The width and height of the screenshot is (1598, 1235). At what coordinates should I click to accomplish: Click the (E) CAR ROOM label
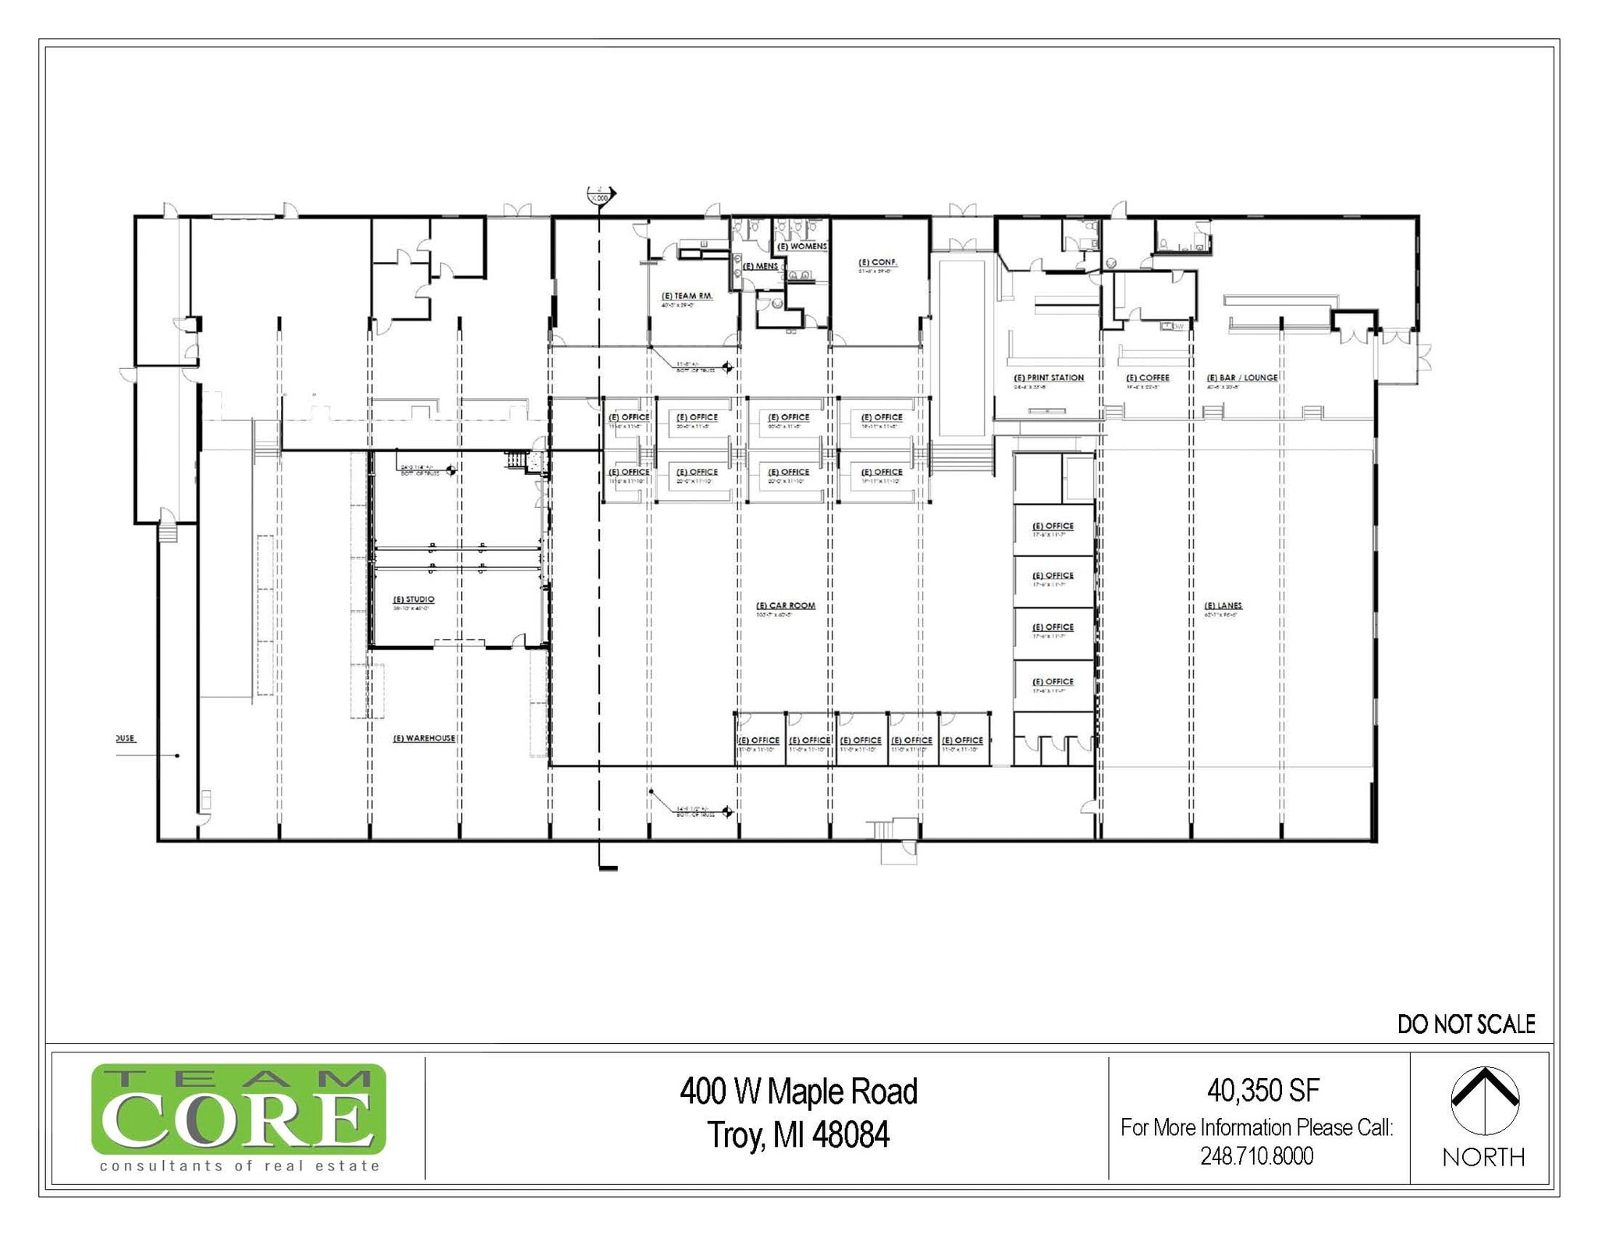[x=786, y=605]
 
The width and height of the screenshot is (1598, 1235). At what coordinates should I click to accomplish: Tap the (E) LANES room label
[x=1223, y=605]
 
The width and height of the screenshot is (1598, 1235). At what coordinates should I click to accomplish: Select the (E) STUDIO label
[x=414, y=599]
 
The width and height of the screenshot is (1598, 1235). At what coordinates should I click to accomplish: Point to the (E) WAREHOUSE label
[x=424, y=738]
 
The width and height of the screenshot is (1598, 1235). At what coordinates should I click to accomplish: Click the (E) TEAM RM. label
[x=687, y=296]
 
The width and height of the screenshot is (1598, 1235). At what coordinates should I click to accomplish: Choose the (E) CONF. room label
[x=878, y=262]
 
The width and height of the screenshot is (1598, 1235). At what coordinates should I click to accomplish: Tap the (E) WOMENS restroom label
[x=802, y=246]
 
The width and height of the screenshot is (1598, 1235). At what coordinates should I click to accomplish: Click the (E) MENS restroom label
[x=760, y=266]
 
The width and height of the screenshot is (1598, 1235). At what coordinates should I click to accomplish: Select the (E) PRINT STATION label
[x=1049, y=378]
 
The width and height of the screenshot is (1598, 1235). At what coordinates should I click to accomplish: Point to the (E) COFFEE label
[x=1148, y=378]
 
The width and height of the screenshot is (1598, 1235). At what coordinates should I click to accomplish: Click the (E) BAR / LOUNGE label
[x=1242, y=378]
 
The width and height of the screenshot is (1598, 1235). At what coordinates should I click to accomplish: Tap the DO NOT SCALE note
[x=1466, y=1024]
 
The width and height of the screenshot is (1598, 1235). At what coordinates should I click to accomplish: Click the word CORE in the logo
[x=238, y=1119]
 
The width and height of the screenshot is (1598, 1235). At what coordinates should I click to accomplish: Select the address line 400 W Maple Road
[x=798, y=1091]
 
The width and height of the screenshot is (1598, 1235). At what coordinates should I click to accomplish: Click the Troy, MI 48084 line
[x=798, y=1135]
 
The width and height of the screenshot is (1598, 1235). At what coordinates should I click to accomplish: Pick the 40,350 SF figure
[x=1263, y=1090]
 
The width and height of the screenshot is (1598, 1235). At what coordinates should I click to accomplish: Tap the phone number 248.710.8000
[x=1257, y=1155]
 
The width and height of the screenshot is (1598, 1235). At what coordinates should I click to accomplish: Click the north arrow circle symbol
[x=1485, y=1101]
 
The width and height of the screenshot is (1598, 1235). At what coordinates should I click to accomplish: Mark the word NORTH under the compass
[x=1483, y=1157]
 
